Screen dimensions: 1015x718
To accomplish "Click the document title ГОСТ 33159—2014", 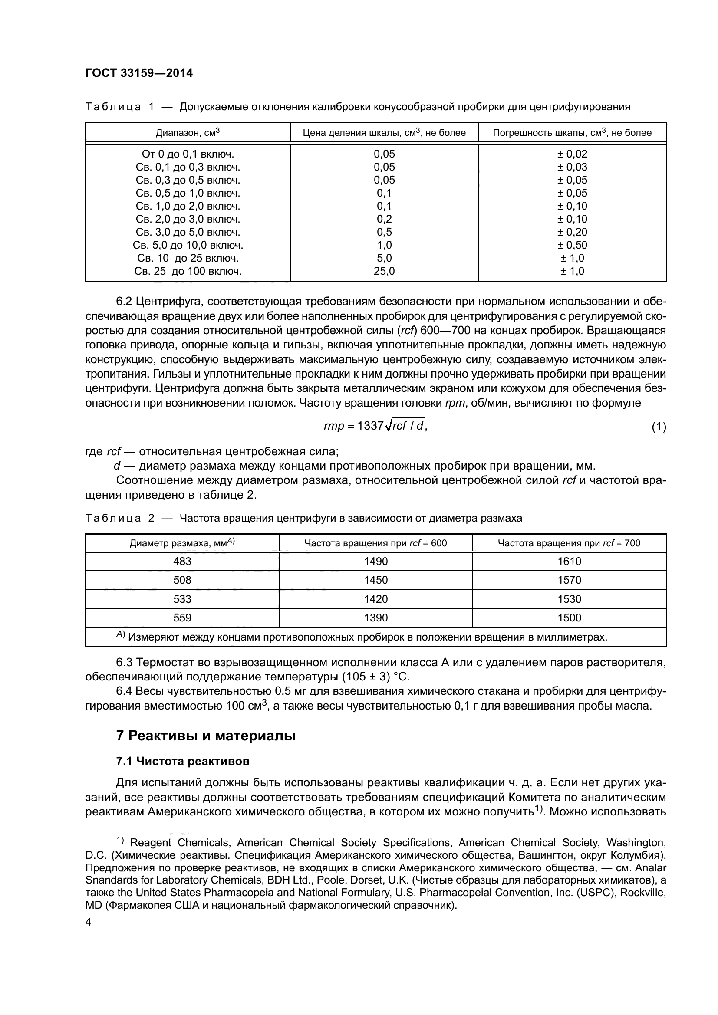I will (139, 73).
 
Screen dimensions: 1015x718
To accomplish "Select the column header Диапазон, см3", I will (188, 133).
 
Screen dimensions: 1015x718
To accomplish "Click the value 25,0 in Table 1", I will (384, 271).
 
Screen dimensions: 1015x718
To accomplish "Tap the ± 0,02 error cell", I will (572, 154).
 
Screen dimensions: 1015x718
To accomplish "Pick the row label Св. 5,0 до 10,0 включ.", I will (188, 245).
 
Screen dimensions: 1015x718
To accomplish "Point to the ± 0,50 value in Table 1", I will (572, 245).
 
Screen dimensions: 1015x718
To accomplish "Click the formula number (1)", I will (659, 427).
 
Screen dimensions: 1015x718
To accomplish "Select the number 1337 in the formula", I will (370, 426).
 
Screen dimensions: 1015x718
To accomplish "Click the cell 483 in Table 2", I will (182, 562).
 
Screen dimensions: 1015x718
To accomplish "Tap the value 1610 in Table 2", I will (569, 562).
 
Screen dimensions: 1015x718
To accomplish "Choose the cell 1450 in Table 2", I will (375, 580).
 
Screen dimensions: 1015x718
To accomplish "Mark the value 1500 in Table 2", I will (569, 618).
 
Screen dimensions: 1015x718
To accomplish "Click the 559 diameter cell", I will (182, 618).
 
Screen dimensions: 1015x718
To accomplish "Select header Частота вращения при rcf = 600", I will (375, 543).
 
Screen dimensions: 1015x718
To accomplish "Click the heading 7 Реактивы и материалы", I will (206, 736).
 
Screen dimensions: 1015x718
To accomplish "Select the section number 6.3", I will (124, 662).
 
